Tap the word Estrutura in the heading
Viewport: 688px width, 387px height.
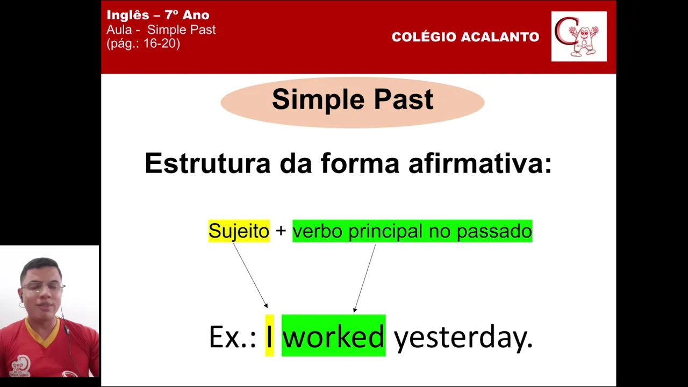point(207,163)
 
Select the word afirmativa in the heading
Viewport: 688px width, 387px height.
point(480,163)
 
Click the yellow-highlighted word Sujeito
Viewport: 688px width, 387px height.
point(239,231)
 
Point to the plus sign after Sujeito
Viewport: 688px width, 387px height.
point(281,231)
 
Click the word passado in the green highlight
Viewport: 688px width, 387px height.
point(494,231)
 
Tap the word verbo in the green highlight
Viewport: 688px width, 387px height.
point(318,231)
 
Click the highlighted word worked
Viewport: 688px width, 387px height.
point(334,336)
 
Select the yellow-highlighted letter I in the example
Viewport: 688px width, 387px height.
point(269,336)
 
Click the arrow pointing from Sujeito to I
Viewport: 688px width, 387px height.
point(250,275)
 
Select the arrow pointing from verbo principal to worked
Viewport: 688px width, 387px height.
point(364,278)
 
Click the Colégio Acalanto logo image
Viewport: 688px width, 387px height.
point(579,37)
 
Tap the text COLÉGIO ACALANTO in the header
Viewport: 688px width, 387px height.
point(465,37)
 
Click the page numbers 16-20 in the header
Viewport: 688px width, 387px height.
point(162,44)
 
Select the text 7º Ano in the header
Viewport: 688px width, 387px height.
point(187,15)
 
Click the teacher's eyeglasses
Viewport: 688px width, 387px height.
point(43,287)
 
